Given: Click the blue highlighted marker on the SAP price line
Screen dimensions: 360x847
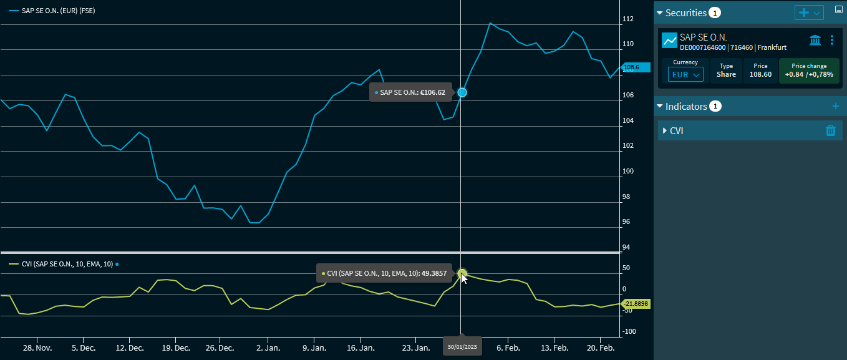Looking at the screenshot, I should click(x=462, y=92).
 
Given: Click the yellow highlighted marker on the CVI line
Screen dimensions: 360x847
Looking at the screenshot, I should click(x=462, y=273).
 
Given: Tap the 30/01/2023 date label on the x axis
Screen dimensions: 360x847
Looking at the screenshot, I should click(x=462, y=346).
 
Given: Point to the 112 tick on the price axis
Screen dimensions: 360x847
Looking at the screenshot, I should click(x=627, y=19).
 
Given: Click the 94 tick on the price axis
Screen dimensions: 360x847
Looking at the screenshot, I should click(x=626, y=248).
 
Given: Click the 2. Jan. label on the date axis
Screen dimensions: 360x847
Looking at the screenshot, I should click(x=268, y=348).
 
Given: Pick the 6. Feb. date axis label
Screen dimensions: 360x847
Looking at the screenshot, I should click(x=508, y=348).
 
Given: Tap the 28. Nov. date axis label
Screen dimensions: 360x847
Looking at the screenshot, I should click(x=37, y=348).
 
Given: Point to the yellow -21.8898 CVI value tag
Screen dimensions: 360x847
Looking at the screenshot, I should click(x=636, y=304).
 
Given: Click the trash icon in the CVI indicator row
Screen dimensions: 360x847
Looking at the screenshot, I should click(x=830, y=130).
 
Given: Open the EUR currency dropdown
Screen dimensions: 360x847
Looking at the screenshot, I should click(x=685, y=74).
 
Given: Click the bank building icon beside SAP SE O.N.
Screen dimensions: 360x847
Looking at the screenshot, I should click(x=815, y=41).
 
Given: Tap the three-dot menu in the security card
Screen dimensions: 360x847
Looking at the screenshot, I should click(x=832, y=41).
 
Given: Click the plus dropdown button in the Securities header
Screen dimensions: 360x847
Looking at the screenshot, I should click(x=809, y=12).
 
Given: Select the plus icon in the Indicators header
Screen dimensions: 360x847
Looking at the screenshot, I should click(x=836, y=106).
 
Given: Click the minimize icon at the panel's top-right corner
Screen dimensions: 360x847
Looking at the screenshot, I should click(x=839, y=10).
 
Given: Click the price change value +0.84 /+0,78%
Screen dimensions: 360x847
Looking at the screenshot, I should click(x=809, y=74).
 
